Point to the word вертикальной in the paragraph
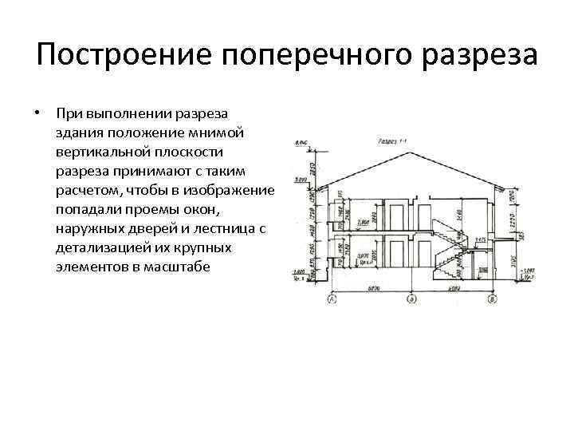point(102,151)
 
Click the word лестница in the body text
point(221,228)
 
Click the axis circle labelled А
point(331,299)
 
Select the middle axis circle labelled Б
point(411,299)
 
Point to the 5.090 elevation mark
point(301,181)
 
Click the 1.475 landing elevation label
point(480,239)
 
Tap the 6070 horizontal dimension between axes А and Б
point(372,287)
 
